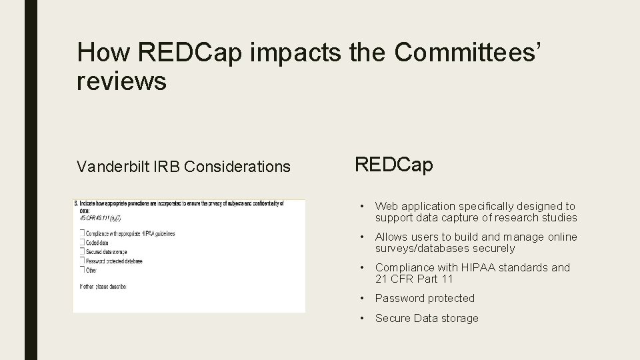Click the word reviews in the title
(121, 81)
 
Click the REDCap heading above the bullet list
(393, 165)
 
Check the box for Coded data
(83, 243)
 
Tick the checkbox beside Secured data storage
(83, 252)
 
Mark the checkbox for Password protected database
(83, 261)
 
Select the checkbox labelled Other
(83, 270)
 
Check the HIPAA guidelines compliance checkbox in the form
(83, 233)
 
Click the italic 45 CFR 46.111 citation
(100, 218)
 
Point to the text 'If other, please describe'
(103, 287)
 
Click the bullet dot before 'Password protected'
(361, 299)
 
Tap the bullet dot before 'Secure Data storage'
(361, 319)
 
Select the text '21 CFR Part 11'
(413, 279)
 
